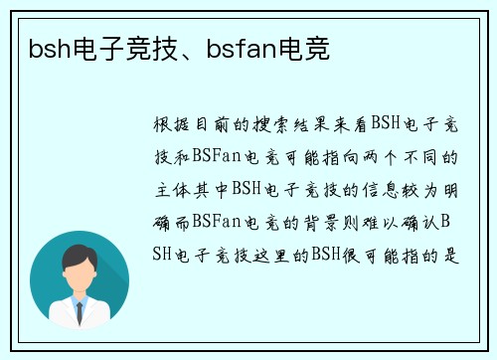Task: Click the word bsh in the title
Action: click(41, 47)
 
